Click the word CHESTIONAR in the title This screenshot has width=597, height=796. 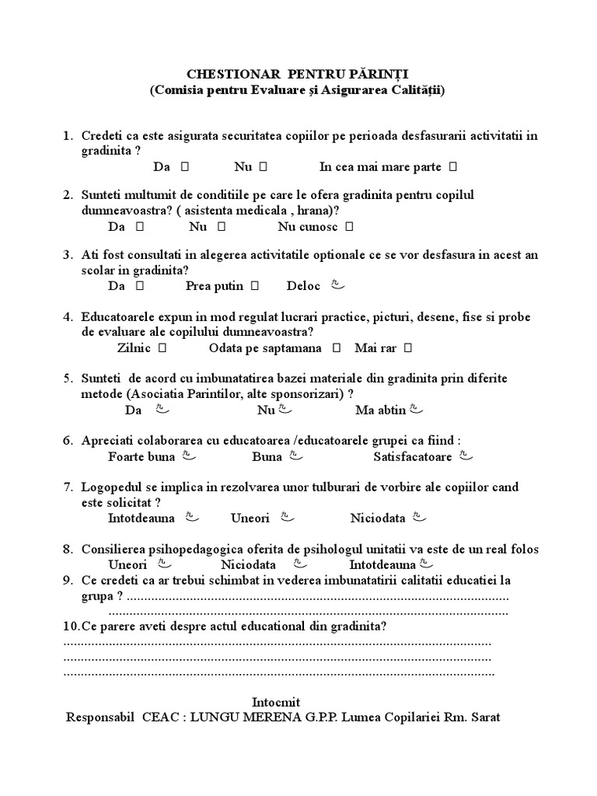click(227, 74)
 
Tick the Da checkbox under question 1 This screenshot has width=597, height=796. click(185, 166)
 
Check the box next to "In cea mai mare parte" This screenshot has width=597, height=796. click(452, 166)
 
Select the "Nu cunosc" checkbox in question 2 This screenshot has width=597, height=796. click(349, 227)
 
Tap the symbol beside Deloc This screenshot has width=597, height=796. click(337, 285)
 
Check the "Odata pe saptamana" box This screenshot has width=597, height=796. click(337, 347)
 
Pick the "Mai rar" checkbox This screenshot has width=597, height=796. click(408, 347)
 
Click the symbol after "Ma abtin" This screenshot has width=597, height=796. click(417, 408)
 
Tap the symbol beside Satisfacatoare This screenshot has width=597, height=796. click(465, 456)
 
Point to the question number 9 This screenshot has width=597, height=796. click(68, 581)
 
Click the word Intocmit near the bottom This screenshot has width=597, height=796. click(276, 702)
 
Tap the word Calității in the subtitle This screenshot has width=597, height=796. click(417, 90)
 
